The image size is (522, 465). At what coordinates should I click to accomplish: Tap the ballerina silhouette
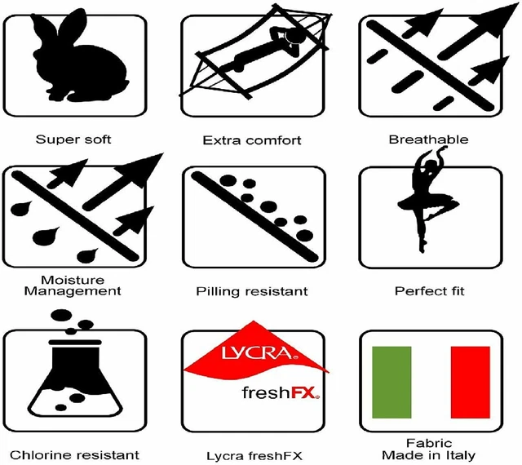pyautogui.click(x=426, y=200)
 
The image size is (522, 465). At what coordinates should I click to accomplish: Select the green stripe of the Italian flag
pyautogui.click(x=391, y=382)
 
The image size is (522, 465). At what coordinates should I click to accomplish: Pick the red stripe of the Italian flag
pyautogui.click(x=470, y=382)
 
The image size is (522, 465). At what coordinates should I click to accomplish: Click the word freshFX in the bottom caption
pyautogui.click(x=279, y=456)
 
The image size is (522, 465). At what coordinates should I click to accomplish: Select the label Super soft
pyautogui.click(x=73, y=139)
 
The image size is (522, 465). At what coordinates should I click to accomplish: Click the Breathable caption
pyautogui.click(x=428, y=139)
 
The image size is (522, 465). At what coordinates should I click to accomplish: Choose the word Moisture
pyautogui.click(x=73, y=280)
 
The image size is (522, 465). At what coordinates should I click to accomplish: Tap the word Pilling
pyautogui.click(x=218, y=291)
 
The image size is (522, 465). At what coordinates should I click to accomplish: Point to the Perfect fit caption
pyautogui.click(x=430, y=291)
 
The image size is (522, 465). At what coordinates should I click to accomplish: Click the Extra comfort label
pyautogui.click(x=252, y=140)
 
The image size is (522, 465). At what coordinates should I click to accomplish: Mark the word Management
pyautogui.click(x=73, y=291)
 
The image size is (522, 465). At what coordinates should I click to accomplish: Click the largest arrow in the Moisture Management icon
pyautogui.click(x=123, y=182)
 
